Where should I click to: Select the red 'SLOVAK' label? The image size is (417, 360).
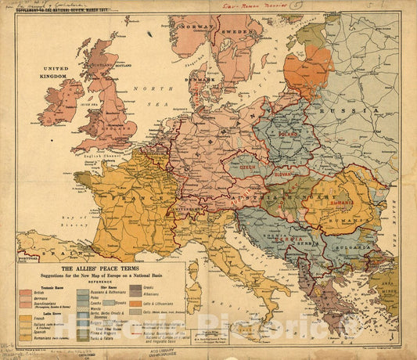click(283, 175)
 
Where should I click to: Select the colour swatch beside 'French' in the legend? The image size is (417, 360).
click(25, 320)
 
